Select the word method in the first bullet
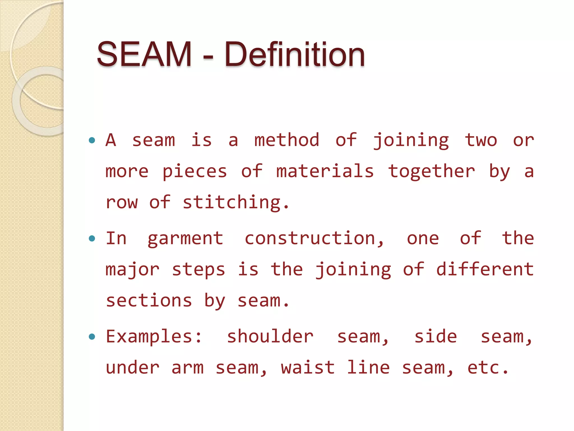[286, 140]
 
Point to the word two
[481, 140]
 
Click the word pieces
[195, 172]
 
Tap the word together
[431, 172]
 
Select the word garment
[185, 239]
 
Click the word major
[132, 270]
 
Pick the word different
[485, 269]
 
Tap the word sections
[149, 301]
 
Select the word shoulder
[270, 336]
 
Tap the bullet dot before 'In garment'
[92, 239]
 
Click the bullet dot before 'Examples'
[92, 336]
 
